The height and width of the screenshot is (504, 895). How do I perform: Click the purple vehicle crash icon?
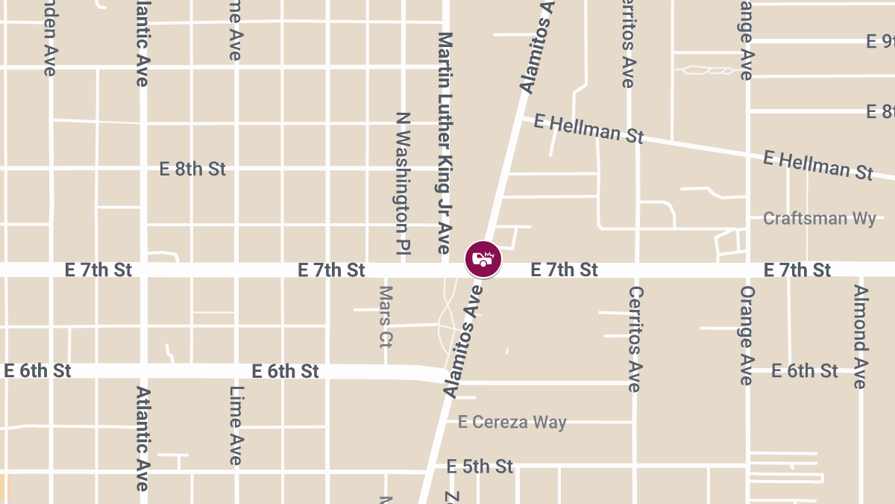(x=483, y=259)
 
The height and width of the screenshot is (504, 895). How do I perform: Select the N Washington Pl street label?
(x=403, y=184)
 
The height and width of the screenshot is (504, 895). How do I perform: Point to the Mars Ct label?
(x=386, y=317)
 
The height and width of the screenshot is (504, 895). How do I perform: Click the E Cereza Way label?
(x=512, y=422)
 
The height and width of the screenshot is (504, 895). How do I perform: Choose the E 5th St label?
(x=480, y=467)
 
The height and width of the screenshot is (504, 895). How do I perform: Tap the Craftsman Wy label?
(x=819, y=219)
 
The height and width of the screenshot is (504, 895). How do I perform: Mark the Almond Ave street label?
(x=861, y=337)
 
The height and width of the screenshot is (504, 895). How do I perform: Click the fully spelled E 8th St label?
(x=192, y=169)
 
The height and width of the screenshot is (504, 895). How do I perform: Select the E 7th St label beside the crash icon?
(x=564, y=270)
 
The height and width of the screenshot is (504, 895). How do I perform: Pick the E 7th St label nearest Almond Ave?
(x=797, y=270)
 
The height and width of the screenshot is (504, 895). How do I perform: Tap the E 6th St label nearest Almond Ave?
(x=805, y=370)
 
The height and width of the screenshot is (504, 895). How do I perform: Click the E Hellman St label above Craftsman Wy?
(x=817, y=165)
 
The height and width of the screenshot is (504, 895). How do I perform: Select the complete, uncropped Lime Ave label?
(x=236, y=426)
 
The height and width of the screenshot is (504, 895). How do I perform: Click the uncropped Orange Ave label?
(x=746, y=335)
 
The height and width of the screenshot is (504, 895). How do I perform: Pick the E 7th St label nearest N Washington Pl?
(x=331, y=270)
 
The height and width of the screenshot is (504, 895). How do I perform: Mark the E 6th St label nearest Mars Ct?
(x=286, y=371)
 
